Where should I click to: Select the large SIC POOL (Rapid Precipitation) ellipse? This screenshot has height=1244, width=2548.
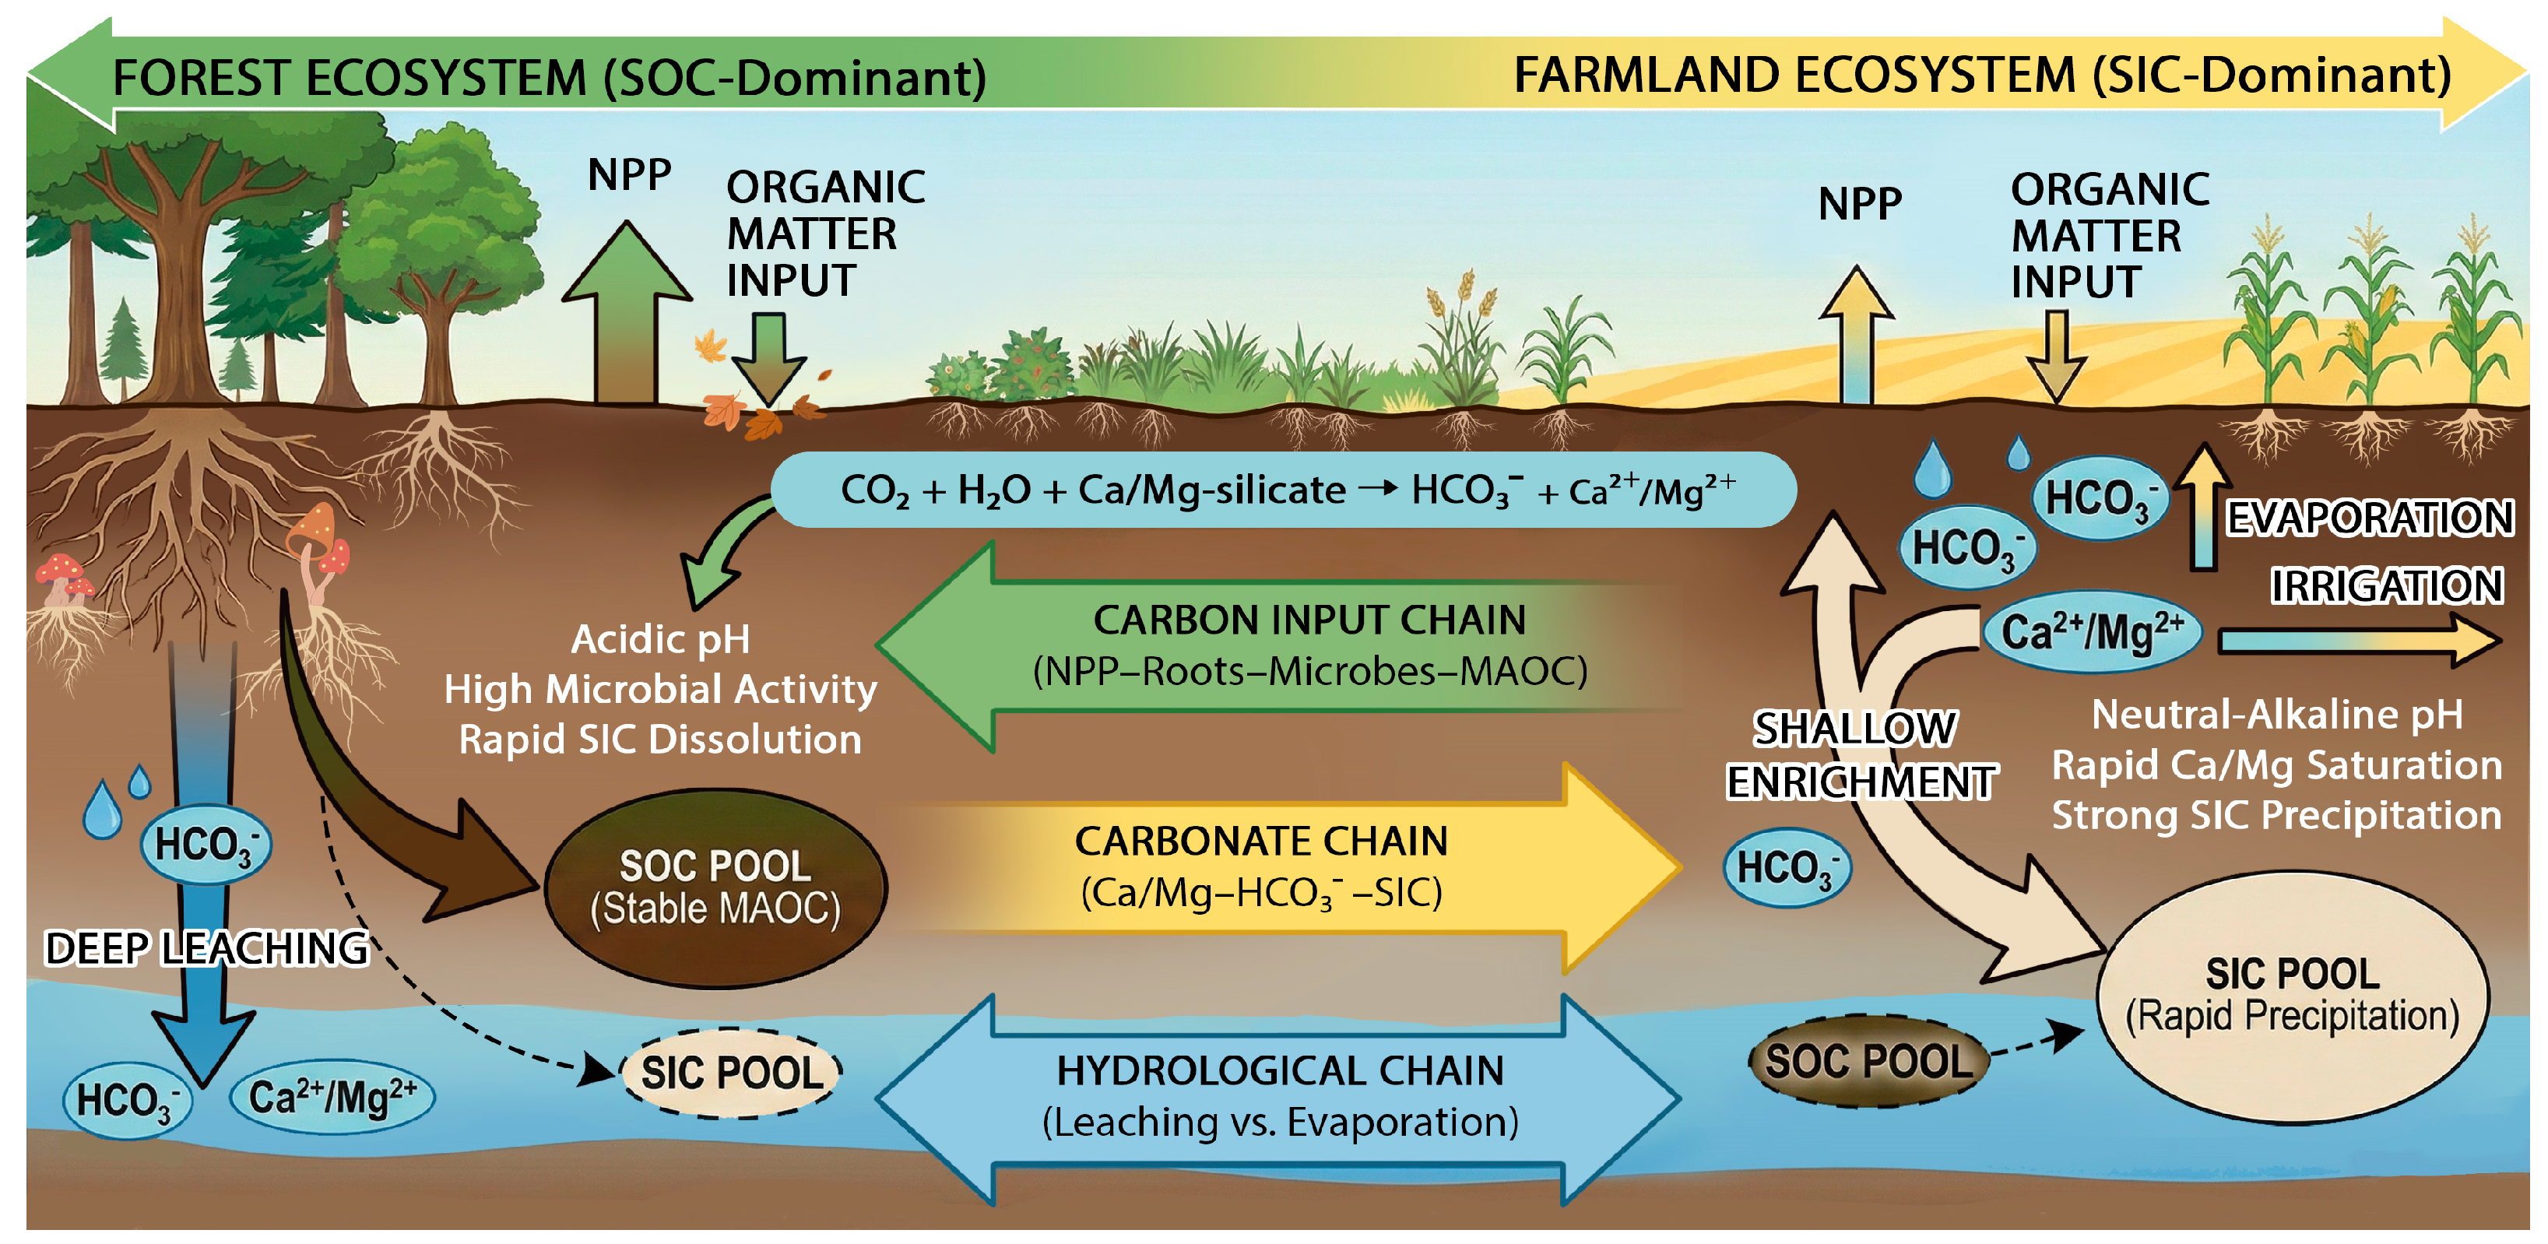(2292, 996)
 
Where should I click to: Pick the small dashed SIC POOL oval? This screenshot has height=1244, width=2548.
(731, 1073)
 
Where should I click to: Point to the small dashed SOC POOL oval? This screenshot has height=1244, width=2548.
(1868, 1062)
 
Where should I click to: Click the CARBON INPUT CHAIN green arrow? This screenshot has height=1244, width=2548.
(1286, 645)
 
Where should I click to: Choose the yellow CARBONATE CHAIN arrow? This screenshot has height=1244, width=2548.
(1286, 867)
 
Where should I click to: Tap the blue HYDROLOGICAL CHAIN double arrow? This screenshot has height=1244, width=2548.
(1279, 1098)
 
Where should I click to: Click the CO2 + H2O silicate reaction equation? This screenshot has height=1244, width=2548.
(1283, 490)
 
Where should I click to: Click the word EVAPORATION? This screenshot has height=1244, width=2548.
(2369, 518)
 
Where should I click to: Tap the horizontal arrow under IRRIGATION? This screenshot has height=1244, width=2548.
(2359, 641)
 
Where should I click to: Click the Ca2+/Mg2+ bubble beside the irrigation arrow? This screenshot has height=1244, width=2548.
(2091, 633)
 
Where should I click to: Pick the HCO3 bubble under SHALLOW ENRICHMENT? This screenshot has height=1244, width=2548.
(1787, 867)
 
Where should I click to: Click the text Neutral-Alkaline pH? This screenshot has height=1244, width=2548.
(2276, 714)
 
